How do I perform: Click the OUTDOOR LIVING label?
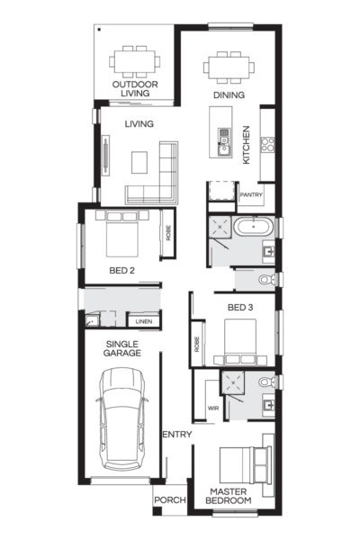pos(135,89)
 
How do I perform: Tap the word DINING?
pos(229,94)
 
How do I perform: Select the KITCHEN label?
pos(247,146)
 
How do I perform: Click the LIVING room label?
pos(139,124)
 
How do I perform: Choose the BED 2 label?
pos(121,270)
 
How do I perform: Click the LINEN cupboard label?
pos(143,321)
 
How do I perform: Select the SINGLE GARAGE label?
pos(123,349)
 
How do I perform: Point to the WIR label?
pos(213,408)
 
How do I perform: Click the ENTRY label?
pos(176,436)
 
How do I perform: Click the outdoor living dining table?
pos(136,62)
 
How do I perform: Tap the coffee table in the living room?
pos(139,162)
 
